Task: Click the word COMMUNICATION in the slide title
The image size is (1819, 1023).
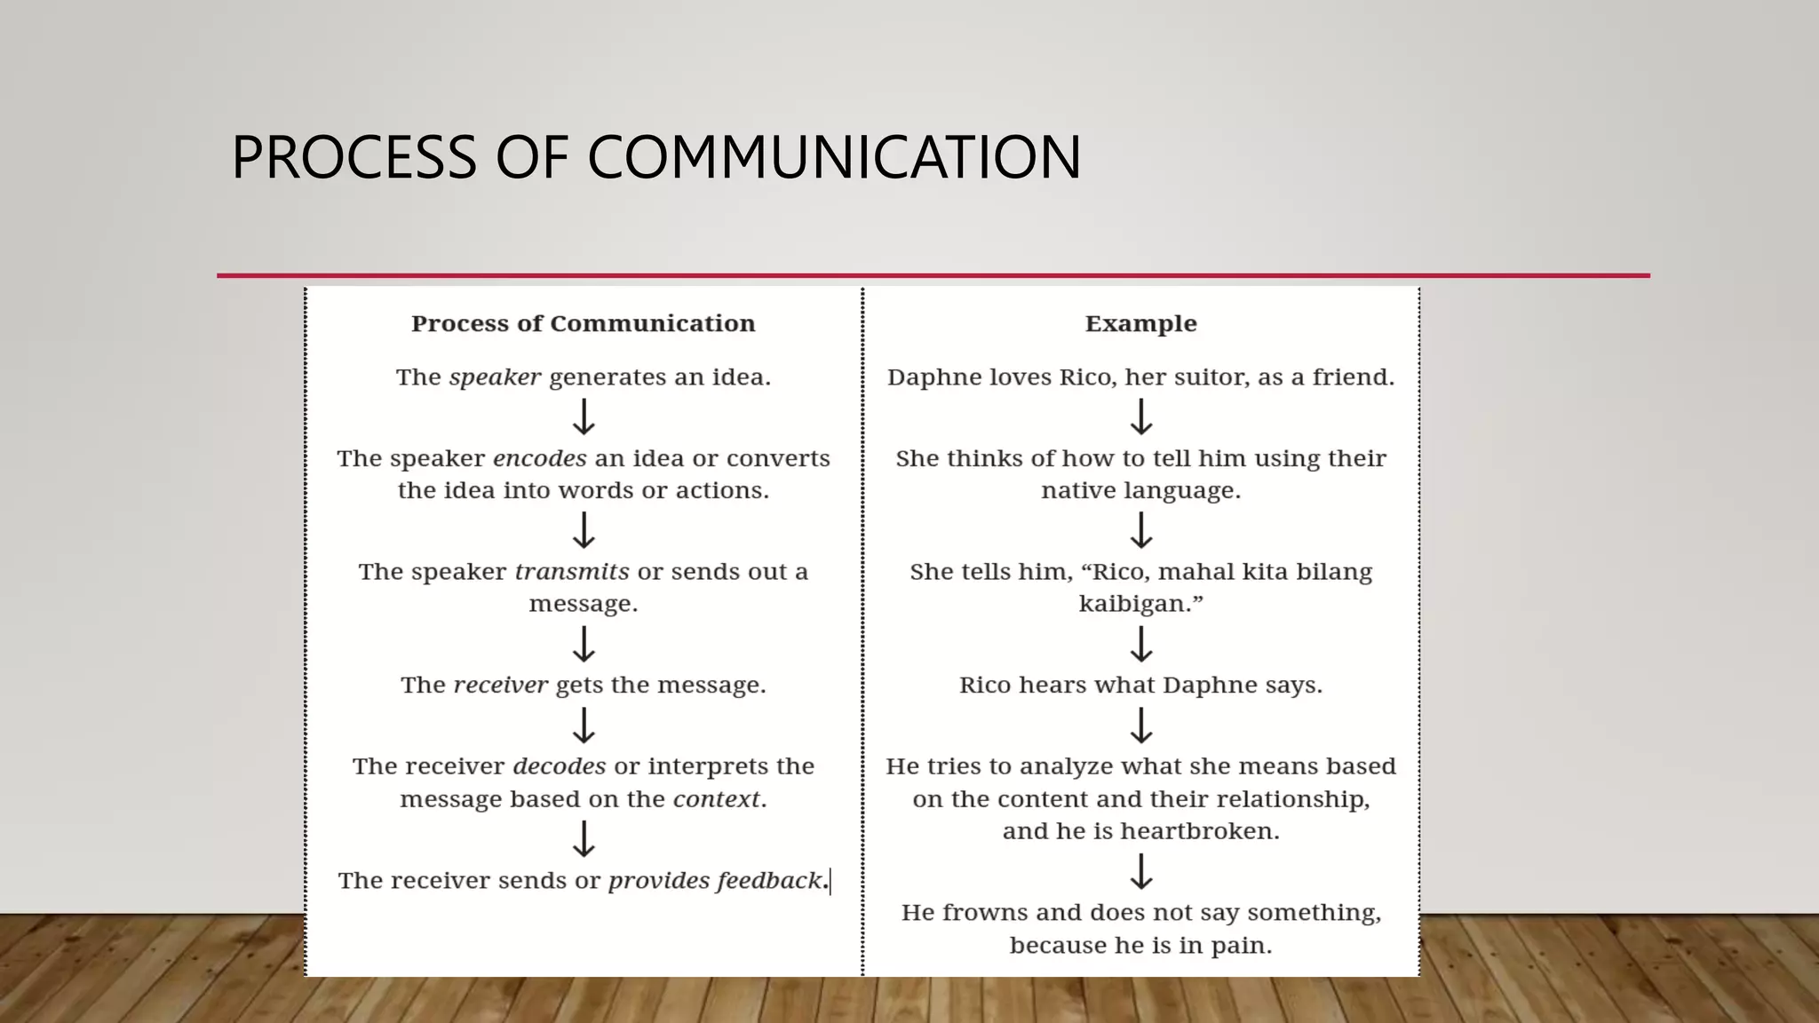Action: (834, 158)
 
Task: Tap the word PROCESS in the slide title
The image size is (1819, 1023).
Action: (354, 158)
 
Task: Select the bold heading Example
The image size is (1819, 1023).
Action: (1140, 323)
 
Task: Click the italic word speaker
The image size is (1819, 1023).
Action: (495, 377)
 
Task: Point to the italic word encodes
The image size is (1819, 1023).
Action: (539, 458)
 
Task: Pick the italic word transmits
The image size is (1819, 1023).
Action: (572, 572)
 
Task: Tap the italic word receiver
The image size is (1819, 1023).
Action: (500, 685)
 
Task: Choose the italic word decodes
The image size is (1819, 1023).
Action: (559, 766)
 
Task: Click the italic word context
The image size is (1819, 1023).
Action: (716, 799)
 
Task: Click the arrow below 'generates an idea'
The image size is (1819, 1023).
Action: (584, 416)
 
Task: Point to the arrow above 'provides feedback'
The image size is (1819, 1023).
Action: (584, 838)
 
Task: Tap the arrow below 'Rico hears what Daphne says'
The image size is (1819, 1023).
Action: (1141, 725)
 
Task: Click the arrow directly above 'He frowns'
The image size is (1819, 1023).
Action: (1141, 871)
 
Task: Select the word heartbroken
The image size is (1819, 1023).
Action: (1200, 831)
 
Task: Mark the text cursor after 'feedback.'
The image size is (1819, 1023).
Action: (830, 881)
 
